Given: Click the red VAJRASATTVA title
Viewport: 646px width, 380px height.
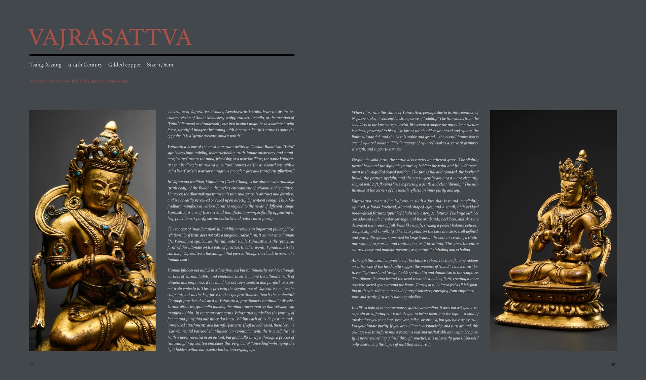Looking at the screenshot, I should (x=110, y=37).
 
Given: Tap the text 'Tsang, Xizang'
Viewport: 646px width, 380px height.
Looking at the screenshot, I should (x=45, y=65).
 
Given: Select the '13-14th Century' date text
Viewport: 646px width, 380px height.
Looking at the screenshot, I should (x=84, y=65).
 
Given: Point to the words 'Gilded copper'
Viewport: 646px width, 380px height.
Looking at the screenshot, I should (x=124, y=65).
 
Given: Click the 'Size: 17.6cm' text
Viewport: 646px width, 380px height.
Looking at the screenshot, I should (x=160, y=65).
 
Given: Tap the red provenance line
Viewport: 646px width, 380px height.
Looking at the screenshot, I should (x=78, y=81).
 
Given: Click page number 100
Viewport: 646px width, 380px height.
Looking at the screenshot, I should (x=32, y=364).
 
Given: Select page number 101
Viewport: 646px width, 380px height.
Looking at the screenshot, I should (x=614, y=364).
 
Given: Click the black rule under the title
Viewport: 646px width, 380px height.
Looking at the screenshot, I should (x=161, y=55).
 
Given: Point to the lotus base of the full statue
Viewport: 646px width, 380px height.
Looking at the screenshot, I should (x=552, y=306).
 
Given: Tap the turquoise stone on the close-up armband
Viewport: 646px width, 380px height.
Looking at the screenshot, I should (x=61, y=250).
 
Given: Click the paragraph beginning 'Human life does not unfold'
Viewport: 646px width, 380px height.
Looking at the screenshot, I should (x=231, y=310).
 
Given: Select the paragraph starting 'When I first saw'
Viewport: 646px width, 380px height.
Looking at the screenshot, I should (x=415, y=131).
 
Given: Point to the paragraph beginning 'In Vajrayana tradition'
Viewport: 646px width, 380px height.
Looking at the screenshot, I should (x=231, y=200).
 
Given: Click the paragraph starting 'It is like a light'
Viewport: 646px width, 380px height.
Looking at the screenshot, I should (x=415, y=326).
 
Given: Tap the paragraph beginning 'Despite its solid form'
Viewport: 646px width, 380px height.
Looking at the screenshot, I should (x=415, y=175).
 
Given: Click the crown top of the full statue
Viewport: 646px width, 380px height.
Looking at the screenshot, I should (x=582, y=155).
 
